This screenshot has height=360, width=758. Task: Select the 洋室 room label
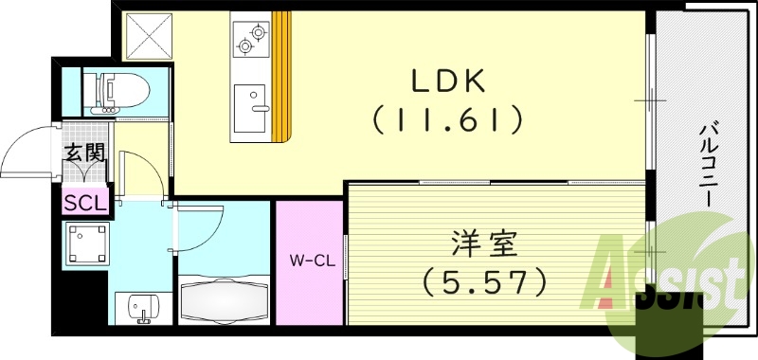(483, 244)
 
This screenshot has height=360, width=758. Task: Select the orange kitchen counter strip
(281, 76)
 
